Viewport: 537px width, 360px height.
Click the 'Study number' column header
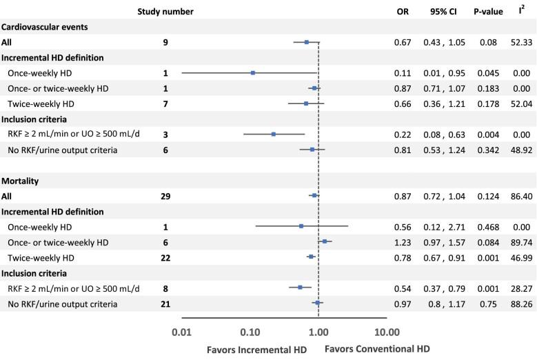coord(165,12)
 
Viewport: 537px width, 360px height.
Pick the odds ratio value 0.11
coord(403,72)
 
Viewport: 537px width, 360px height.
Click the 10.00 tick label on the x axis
coord(385,330)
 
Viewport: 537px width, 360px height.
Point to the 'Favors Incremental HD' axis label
coord(256,348)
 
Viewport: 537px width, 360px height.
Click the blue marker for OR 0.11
coord(253,72)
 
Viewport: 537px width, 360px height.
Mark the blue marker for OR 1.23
coord(325,241)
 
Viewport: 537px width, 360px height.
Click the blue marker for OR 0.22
coord(274,134)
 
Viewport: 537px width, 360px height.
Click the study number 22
coord(165,257)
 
